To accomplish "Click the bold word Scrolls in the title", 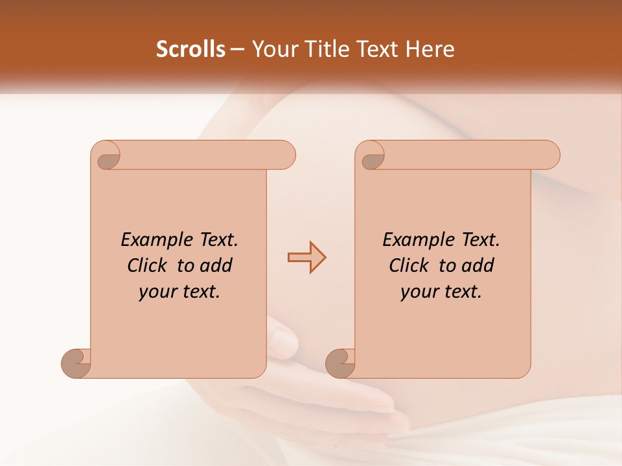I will click(x=190, y=49).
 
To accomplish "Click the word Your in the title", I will click(x=275, y=49).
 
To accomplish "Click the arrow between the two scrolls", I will click(x=306, y=257).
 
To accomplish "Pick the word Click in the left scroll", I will click(x=148, y=265).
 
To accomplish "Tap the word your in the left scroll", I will click(x=157, y=292).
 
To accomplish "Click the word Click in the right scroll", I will click(x=409, y=265).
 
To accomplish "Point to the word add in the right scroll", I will click(x=478, y=265).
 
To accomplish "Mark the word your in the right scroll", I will click(x=419, y=292).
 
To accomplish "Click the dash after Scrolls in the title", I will click(x=237, y=50).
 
